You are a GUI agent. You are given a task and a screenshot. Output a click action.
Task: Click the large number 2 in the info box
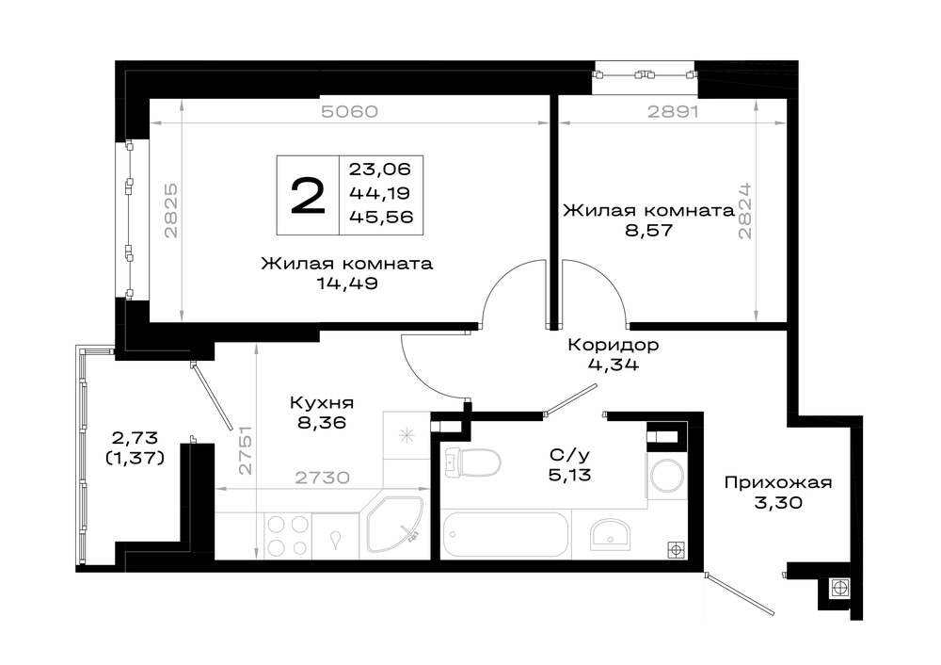[308, 195]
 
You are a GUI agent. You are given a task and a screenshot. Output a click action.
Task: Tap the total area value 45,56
[381, 217]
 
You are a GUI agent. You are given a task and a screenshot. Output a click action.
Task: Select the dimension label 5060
[349, 112]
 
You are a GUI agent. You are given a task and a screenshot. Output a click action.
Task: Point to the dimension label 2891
[672, 112]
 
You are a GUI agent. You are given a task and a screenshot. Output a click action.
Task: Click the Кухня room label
[322, 402]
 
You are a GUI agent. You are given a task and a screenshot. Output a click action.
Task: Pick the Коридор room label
[614, 346]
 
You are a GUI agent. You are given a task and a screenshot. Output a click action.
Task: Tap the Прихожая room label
[778, 483]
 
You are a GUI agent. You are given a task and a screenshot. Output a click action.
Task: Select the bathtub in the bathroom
[504, 535]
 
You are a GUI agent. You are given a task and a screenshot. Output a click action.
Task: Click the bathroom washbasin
[610, 533]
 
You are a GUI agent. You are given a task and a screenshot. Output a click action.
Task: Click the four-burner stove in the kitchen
[287, 536]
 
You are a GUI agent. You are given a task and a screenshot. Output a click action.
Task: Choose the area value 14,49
[347, 284]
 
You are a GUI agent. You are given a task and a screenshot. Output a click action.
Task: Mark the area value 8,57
[648, 231]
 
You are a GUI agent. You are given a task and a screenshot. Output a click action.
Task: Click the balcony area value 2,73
[135, 438]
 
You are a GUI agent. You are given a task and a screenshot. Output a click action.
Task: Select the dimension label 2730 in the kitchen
[322, 478]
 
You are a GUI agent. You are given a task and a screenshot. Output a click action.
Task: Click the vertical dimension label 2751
[246, 450]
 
